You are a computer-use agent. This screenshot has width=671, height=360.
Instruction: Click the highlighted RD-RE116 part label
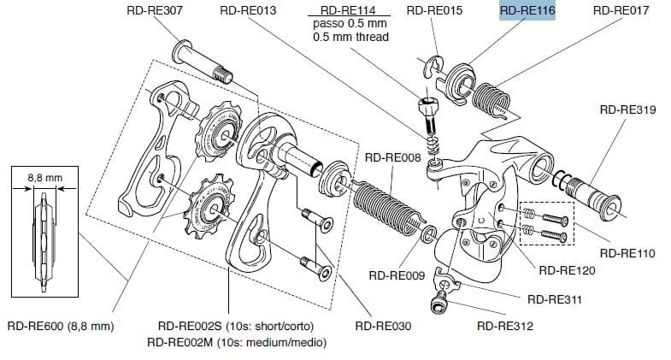click(527, 12)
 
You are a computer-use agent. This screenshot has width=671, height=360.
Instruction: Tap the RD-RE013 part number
click(248, 12)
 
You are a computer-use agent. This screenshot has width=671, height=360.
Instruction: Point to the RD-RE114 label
click(350, 11)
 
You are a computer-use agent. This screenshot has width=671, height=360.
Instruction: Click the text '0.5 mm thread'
click(350, 37)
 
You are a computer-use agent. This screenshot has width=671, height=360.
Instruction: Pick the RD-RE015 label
click(434, 12)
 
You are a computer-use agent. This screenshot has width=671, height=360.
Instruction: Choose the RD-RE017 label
click(621, 12)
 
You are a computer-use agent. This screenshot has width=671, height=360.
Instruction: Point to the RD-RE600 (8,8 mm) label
click(61, 326)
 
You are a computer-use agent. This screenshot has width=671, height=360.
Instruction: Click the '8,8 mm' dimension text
click(46, 178)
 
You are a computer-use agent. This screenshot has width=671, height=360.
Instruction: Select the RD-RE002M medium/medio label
click(236, 342)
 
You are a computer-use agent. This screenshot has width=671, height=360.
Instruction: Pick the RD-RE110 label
click(628, 254)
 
